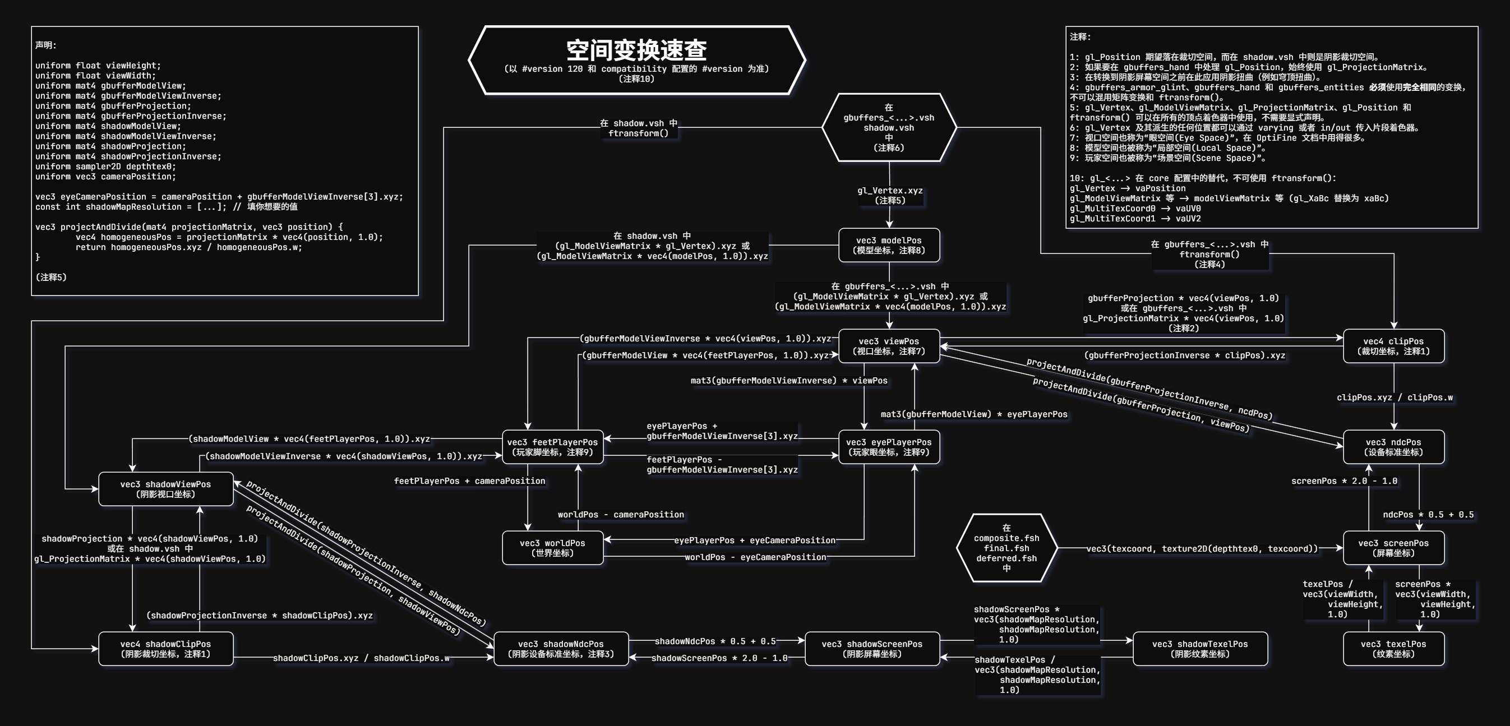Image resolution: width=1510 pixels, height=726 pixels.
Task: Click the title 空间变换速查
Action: point(636,51)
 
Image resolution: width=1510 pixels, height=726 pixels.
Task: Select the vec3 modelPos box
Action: point(889,245)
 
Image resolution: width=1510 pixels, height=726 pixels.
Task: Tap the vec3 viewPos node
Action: point(889,346)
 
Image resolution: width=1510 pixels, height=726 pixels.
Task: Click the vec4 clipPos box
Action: point(1393,346)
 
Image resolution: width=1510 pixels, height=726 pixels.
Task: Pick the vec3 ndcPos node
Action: point(1393,446)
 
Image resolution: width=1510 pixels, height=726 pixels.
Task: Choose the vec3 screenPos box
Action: point(1393,548)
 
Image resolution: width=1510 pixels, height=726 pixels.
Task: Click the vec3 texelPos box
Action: point(1393,649)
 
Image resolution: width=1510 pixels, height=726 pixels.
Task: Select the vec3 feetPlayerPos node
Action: point(552,446)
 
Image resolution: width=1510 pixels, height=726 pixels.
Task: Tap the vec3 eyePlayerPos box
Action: point(889,446)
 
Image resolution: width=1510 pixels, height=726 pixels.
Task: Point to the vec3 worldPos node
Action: point(552,548)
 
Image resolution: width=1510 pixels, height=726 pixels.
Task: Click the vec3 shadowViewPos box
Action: point(165,489)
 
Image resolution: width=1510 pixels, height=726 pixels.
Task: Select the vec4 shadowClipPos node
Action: point(165,649)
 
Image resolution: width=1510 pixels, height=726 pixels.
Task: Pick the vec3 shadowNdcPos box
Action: point(561,649)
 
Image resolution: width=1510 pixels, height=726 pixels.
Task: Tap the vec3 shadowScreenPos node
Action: point(872,649)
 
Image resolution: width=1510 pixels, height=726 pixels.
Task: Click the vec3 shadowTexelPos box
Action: point(1200,649)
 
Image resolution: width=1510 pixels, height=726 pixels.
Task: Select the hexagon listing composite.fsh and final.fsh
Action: point(1006,548)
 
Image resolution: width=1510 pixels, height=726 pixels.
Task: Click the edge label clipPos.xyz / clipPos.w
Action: point(1394,397)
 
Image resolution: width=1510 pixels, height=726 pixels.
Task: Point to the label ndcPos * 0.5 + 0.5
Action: point(1428,515)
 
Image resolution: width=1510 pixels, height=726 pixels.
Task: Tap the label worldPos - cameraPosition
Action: point(620,515)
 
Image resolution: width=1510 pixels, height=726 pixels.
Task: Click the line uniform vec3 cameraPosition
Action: point(105,177)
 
